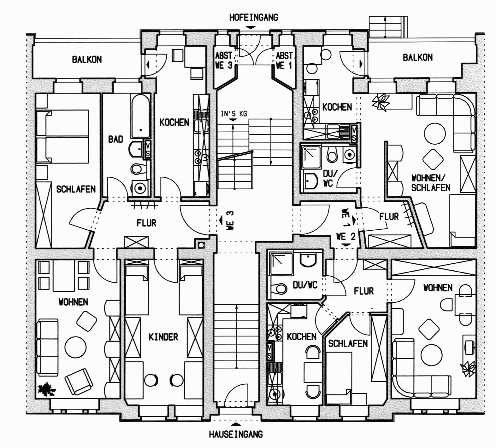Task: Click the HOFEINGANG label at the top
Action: click(253, 17)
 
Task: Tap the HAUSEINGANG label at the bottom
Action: click(236, 434)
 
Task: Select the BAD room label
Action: click(115, 139)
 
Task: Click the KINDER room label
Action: click(163, 337)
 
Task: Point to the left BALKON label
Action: click(87, 59)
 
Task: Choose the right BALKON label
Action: click(417, 58)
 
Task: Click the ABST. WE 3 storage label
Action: click(224, 61)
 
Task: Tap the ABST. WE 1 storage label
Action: click(284, 61)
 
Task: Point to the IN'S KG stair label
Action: click(233, 113)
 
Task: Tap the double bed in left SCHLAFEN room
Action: click(62, 136)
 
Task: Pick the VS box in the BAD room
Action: click(147, 149)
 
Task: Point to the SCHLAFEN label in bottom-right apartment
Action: click(348, 343)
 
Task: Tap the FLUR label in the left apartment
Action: click(146, 223)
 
